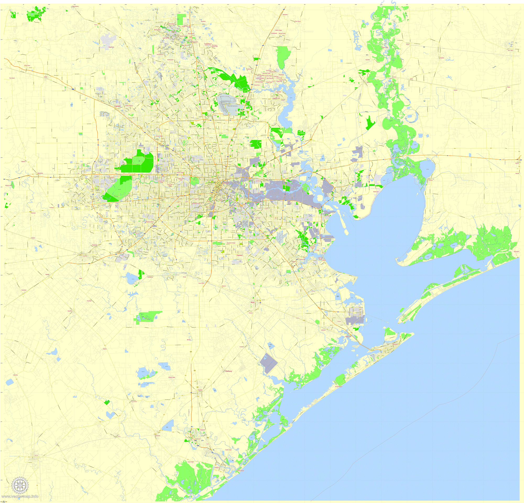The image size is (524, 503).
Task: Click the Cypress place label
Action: tap(117, 106)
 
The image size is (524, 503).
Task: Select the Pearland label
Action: tap(239, 255)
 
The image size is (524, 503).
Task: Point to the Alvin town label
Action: tap(252, 302)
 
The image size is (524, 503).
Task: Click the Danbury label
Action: tap(228, 371)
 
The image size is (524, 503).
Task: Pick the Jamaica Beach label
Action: tap(339, 386)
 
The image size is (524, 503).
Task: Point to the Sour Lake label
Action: tap(510, 50)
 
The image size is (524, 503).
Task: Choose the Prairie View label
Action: tap(27, 65)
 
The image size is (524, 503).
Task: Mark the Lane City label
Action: tap(15, 375)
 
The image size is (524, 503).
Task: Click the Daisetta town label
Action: tap(442, 58)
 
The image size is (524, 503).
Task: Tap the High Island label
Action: tap(516, 252)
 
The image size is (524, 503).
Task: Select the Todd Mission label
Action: tap(75, 6)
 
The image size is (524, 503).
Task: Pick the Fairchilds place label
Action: tap(89, 301)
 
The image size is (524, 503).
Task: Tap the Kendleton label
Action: tap(24, 290)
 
